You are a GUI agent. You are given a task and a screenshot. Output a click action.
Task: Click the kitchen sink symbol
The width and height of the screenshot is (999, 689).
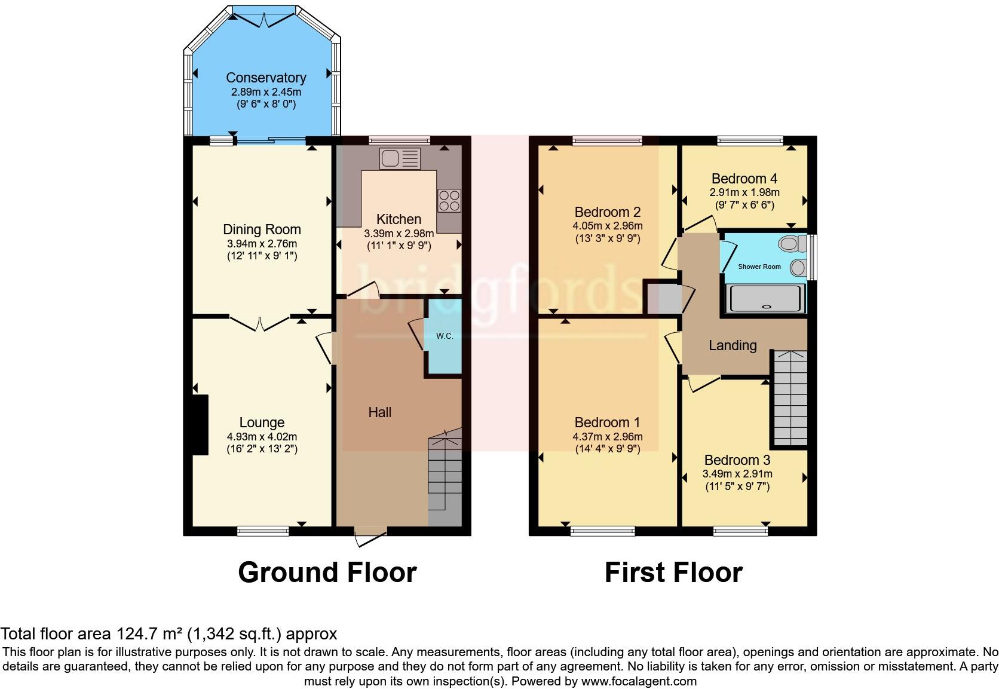[x=400, y=159]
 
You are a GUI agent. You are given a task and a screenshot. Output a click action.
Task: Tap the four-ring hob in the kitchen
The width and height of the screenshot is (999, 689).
[x=449, y=201]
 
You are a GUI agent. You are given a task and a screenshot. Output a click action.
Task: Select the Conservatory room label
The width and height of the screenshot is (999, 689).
[x=266, y=78]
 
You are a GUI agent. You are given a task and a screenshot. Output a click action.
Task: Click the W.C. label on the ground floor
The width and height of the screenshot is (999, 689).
[x=444, y=336]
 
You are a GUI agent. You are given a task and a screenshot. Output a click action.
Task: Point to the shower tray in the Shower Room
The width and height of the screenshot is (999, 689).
[x=766, y=298]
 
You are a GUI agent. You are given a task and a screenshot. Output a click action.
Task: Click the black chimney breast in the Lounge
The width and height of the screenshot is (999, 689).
[x=200, y=425]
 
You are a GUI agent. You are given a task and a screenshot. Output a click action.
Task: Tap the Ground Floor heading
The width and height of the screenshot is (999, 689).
[x=327, y=572]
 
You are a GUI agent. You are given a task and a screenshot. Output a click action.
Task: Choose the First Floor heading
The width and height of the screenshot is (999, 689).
[x=673, y=572]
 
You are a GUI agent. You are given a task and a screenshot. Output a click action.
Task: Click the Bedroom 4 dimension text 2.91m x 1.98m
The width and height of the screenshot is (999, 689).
[x=744, y=192]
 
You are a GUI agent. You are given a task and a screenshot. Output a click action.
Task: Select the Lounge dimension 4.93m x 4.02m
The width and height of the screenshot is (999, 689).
[x=262, y=437]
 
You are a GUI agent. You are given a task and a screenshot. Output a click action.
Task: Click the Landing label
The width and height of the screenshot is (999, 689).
[x=733, y=345]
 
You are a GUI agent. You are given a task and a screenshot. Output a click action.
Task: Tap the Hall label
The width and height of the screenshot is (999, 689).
[x=380, y=412]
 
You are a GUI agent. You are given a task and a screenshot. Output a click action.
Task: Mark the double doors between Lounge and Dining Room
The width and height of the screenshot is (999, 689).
[x=260, y=323]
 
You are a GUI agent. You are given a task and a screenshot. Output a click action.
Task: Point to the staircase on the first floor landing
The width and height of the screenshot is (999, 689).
[x=790, y=398]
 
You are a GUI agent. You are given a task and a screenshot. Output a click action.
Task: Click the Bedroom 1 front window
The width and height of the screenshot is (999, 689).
[x=602, y=531]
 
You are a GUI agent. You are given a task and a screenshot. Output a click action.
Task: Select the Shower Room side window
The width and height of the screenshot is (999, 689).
[x=813, y=258]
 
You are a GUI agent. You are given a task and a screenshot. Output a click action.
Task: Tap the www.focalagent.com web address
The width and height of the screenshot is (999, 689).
[x=639, y=681]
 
